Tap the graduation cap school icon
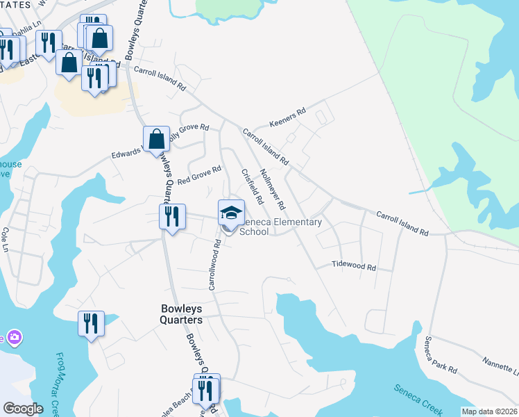[232, 212]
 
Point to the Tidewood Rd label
[353, 266]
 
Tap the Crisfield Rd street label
[251, 186]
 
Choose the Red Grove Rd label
[199, 175]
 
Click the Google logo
[23, 409]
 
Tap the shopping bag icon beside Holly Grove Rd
[157, 138]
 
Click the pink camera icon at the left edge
[13, 338]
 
